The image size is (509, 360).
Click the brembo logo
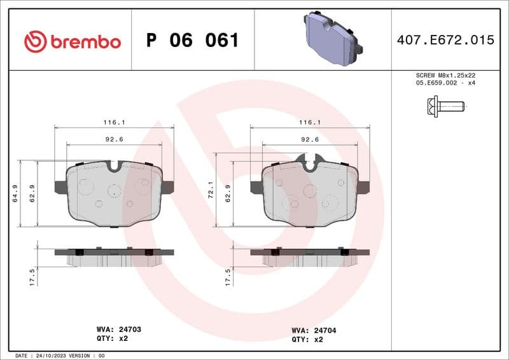point(72,41)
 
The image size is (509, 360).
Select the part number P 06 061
point(192,41)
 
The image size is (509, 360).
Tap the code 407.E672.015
point(445,40)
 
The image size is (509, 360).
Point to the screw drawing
point(445,106)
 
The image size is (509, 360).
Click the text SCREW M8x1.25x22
point(445,75)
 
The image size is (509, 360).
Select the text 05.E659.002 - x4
point(445,83)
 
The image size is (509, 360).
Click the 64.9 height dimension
point(14,194)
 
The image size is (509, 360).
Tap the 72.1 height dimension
point(210,194)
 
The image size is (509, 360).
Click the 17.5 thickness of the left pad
point(32,277)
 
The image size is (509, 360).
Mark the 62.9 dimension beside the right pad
point(227,194)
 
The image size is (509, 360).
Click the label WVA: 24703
point(118,330)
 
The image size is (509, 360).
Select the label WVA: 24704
point(314,330)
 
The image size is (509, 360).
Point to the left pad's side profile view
point(114,256)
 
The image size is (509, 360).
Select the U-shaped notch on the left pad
point(115,167)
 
